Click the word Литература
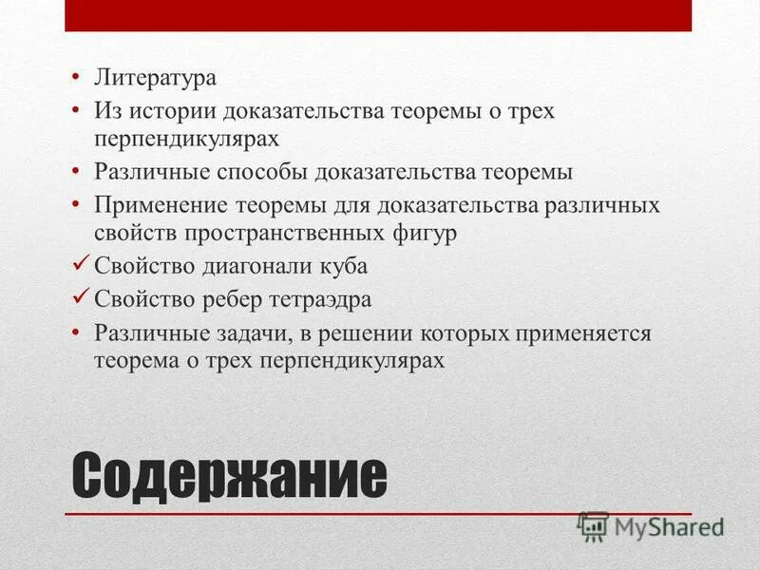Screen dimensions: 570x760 (154, 77)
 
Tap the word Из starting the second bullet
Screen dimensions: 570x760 (105, 111)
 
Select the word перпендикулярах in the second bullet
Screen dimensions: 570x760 (186, 139)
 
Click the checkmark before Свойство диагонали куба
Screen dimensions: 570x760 (81, 265)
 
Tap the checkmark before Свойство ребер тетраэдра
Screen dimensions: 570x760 (81, 298)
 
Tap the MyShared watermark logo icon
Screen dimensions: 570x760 (592, 525)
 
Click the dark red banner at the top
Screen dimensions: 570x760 (378, 15)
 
